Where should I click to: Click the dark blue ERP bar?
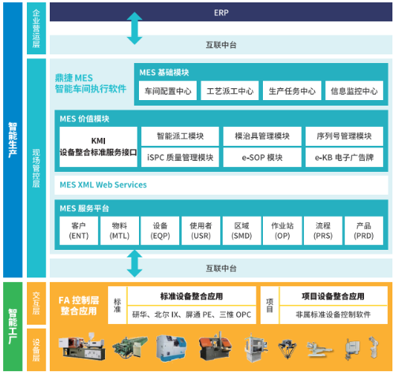pos(221,12)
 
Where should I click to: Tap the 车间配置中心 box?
pos(167,91)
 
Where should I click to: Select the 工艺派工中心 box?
pos(230,91)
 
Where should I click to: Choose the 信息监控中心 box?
pos(354,91)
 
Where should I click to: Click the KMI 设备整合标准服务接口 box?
pos(98,147)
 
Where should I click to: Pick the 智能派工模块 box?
pos(180,136)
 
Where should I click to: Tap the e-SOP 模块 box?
pos(262,158)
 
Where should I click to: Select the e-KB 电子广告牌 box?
pos(344,158)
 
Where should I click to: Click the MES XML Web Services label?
pos(103,184)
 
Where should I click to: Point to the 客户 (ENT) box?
pos(79,231)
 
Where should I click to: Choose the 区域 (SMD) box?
pos(242,231)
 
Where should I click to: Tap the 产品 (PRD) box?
pos(364,231)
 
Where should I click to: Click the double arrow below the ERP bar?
pos(134,28)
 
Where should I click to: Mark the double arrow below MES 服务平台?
pos(134,263)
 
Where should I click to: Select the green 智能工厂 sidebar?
pos(13,326)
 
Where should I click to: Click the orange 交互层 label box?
pos(36,303)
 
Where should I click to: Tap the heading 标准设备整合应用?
pos(192,296)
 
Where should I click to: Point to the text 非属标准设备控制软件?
pos(333,314)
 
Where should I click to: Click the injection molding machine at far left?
pos(81,346)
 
